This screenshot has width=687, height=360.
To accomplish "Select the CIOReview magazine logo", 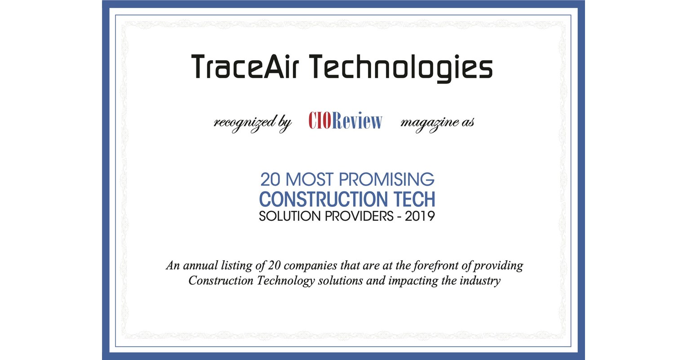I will (345, 121).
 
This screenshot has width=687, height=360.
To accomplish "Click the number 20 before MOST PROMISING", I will (271, 180).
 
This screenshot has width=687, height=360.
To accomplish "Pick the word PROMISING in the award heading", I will (386, 180).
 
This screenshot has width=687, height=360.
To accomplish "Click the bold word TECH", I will (413, 199).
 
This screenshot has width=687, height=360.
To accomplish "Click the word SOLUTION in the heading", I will (286, 217).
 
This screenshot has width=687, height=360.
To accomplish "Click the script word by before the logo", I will (284, 123).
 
